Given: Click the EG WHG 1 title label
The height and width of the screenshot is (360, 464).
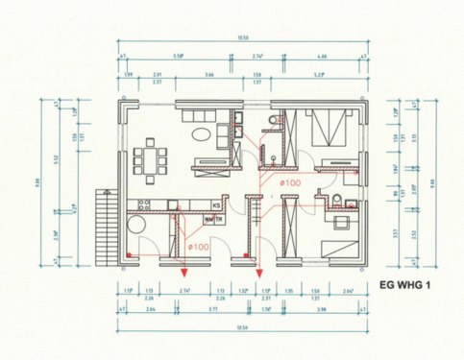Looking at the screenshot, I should [x=414, y=284].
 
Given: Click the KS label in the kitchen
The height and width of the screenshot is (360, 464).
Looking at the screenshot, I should [x=217, y=205].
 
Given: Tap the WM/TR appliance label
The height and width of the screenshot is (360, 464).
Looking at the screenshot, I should [x=213, y=220].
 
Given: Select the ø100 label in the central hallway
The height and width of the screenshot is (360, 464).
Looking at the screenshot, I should [x=291, y=182].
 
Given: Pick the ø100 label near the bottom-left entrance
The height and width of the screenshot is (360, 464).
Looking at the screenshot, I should [x=199, y=248].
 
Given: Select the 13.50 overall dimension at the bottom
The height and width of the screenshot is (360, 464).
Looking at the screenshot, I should [x=244, y=326].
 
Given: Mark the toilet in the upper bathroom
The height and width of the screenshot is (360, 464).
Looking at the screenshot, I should [x=273, y=117].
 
